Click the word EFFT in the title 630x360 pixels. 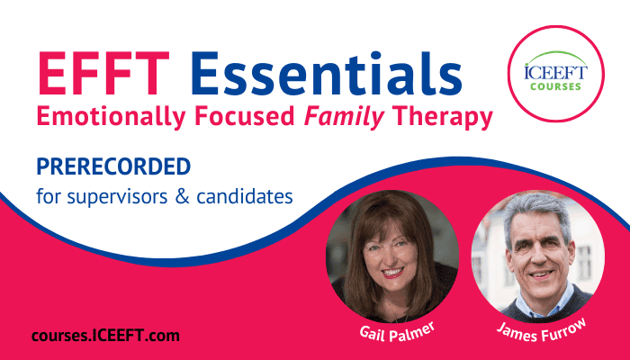(103, 74)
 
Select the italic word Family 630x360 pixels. (345, 117)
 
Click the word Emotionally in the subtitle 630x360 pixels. (112, 117)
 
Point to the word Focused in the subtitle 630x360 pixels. (245, 116)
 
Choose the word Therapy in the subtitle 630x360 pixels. (443, 117)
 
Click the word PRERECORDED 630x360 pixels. (113, 166)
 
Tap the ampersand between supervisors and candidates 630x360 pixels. (182, 197)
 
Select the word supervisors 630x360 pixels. (117, 197)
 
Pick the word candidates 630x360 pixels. (244, 196)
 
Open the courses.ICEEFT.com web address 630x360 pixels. (105, 336)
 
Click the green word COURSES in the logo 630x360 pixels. (555, 86)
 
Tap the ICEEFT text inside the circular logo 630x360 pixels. (555, 72)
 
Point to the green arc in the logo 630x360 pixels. (556, 53)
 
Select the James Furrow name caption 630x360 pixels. (542, 330)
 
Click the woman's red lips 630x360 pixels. (392, 273)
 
